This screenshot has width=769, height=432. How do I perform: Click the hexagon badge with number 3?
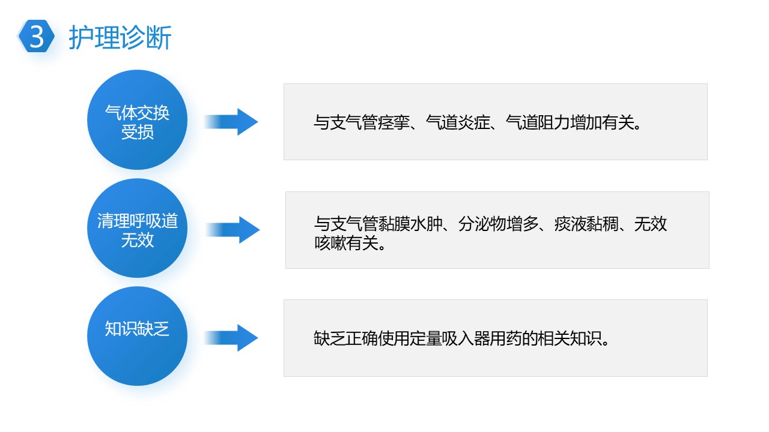pyautogui.click(x=36, y=36)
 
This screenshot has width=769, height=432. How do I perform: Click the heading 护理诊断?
pyautogui.click(x=120, y=37)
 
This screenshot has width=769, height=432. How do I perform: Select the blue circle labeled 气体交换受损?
pyautogui.click(x=138, y=119)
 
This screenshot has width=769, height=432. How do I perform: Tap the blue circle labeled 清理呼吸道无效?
pyautogui.click(x=138, y=228)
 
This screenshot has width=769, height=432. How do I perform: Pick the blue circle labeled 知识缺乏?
pyautogui.click(x=138, y=336)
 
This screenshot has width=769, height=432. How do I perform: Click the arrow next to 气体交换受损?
pyautogui.click(x=231, y=122)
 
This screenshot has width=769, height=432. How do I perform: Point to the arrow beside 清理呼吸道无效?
pyautogui.click(x=233, y=230)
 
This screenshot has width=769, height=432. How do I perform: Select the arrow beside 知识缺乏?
pyautogui.click(x=231, y=338)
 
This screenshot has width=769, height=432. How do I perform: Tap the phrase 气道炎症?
pyautogui.click(x=458, y=122)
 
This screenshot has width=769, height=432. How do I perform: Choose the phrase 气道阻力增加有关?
pyautogui.click(x=570, y=122)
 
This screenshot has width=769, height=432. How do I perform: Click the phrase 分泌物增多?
pyautogui.click(x=499, y=224)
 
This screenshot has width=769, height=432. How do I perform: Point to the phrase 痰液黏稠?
pyautogui.click(x=586, y=224)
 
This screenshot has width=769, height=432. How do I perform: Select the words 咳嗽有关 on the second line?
pyautogui.click(x=347, y=243)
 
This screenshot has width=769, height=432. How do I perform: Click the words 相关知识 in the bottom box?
pyautogui.click(x=570, y=338)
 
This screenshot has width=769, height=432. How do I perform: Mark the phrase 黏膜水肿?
pyautogui.click(x=410, y=224)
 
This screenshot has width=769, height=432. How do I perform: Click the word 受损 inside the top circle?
pyautogui.click(x=138, y=132)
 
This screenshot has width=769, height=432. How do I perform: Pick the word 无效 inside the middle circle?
pyautogui.click(x=138, y=239)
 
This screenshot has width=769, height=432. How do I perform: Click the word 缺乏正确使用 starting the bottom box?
pyautogui.click(x=362, y=338)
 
